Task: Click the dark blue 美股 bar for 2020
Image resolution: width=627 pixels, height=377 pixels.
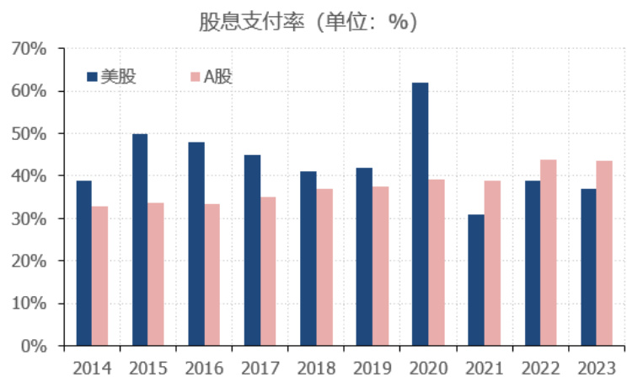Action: [420, 214]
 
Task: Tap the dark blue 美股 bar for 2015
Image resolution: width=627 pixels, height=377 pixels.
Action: [140, 240]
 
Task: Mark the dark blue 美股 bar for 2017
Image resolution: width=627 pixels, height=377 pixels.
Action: [252, 250]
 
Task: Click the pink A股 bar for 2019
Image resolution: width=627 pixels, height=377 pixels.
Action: [380, 266]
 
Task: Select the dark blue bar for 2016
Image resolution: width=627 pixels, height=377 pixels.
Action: [196, 244]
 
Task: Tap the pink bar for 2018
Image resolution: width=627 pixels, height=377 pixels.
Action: [324, 267]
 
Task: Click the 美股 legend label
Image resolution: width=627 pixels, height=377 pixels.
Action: [118, 77]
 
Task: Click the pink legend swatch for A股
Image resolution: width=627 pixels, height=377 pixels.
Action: [195, 77]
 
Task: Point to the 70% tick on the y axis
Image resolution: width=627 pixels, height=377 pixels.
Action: [29, 49]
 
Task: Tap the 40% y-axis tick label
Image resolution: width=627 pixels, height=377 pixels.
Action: [29, 176]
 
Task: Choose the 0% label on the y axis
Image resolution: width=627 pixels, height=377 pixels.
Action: [34, 346]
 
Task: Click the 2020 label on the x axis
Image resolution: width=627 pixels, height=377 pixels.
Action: [428, 368]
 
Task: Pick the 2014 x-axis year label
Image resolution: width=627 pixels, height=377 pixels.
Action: [91, 368]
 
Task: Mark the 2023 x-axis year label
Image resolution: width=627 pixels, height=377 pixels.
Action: [596, 368]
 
